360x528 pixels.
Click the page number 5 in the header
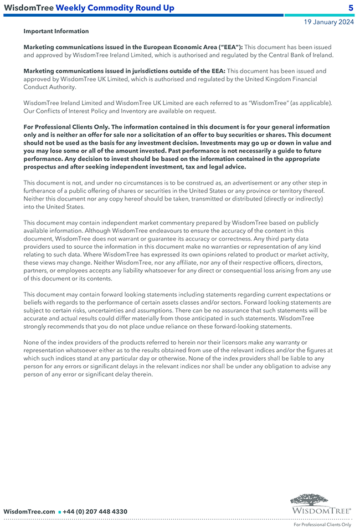tap(351, 8)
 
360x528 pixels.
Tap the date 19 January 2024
tap(328, 22)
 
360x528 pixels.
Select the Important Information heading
tap(56, 32)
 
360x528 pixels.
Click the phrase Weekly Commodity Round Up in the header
tap(115, 8)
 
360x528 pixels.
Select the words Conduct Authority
tap(50, 87)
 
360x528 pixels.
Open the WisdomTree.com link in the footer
tap(29, 511)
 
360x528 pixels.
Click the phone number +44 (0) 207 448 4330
tap(95, 511)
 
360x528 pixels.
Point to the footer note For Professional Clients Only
tap(322, 524)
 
